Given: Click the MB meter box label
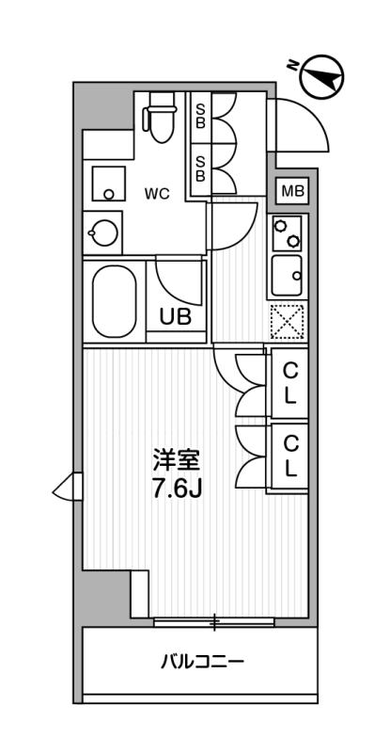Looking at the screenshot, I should (x=292, y=192).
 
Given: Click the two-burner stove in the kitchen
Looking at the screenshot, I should (x=288, y=232).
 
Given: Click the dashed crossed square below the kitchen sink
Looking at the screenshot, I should (x=287, y=321).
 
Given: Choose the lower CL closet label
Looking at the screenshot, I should (x=290, y=457).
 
